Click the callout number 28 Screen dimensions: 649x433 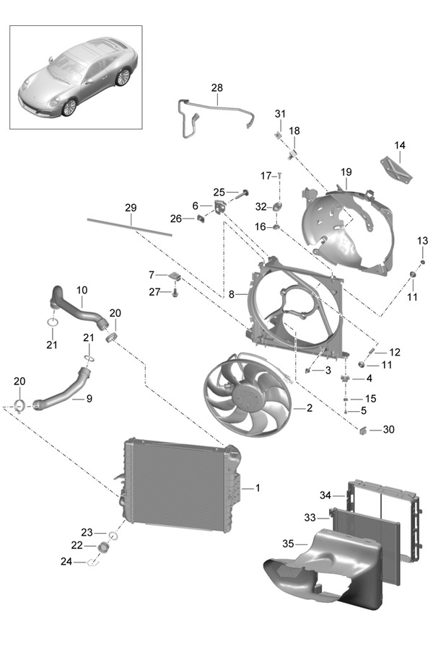(x=217, y=88)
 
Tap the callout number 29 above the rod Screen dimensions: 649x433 (x=130, y=208)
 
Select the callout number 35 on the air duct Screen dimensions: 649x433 (x=287, y=544)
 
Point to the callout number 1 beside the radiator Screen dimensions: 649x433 (x=258, y=488)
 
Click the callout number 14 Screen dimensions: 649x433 (x=400, y=145)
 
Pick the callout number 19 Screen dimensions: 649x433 (x=346, y=172)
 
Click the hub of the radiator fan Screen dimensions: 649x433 (x=245, y=397)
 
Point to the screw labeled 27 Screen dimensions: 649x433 (x=175, y=293)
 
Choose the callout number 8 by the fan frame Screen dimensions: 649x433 (x=231, y=294)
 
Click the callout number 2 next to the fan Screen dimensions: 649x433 (x=310, y=408)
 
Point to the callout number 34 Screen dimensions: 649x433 (x=325, y=495)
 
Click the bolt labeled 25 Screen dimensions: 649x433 (x=243, y=193)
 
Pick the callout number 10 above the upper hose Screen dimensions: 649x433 (x=82, y=290)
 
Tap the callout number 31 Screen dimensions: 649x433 (x=280, y=114)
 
